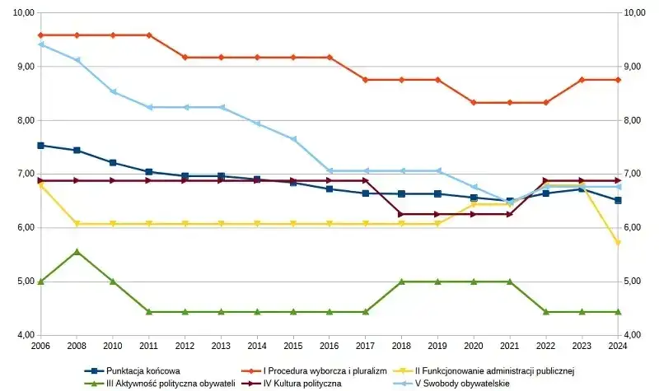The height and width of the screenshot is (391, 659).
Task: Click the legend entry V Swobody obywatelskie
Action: pos(462,383)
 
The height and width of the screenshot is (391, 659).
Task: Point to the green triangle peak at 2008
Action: pos(77,252)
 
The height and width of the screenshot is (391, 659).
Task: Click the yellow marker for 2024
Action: pos(618,243)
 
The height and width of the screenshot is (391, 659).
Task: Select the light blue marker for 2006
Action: pos(40,44)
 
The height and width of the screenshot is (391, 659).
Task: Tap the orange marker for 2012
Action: pos(185,58)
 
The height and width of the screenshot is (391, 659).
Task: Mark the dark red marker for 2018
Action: pos(401,214)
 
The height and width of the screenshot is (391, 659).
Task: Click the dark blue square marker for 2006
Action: pos(40,146)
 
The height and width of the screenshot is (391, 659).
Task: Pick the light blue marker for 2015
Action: pos(293,139)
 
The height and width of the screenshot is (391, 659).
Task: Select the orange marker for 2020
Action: pos(474,103)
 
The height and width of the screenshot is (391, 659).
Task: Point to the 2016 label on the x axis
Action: pos(329,347)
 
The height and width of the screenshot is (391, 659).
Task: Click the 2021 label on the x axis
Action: pos(510,347)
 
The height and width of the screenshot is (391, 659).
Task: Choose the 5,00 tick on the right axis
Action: pos(635,282)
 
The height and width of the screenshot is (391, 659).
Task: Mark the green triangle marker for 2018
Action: pos(401,282)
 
